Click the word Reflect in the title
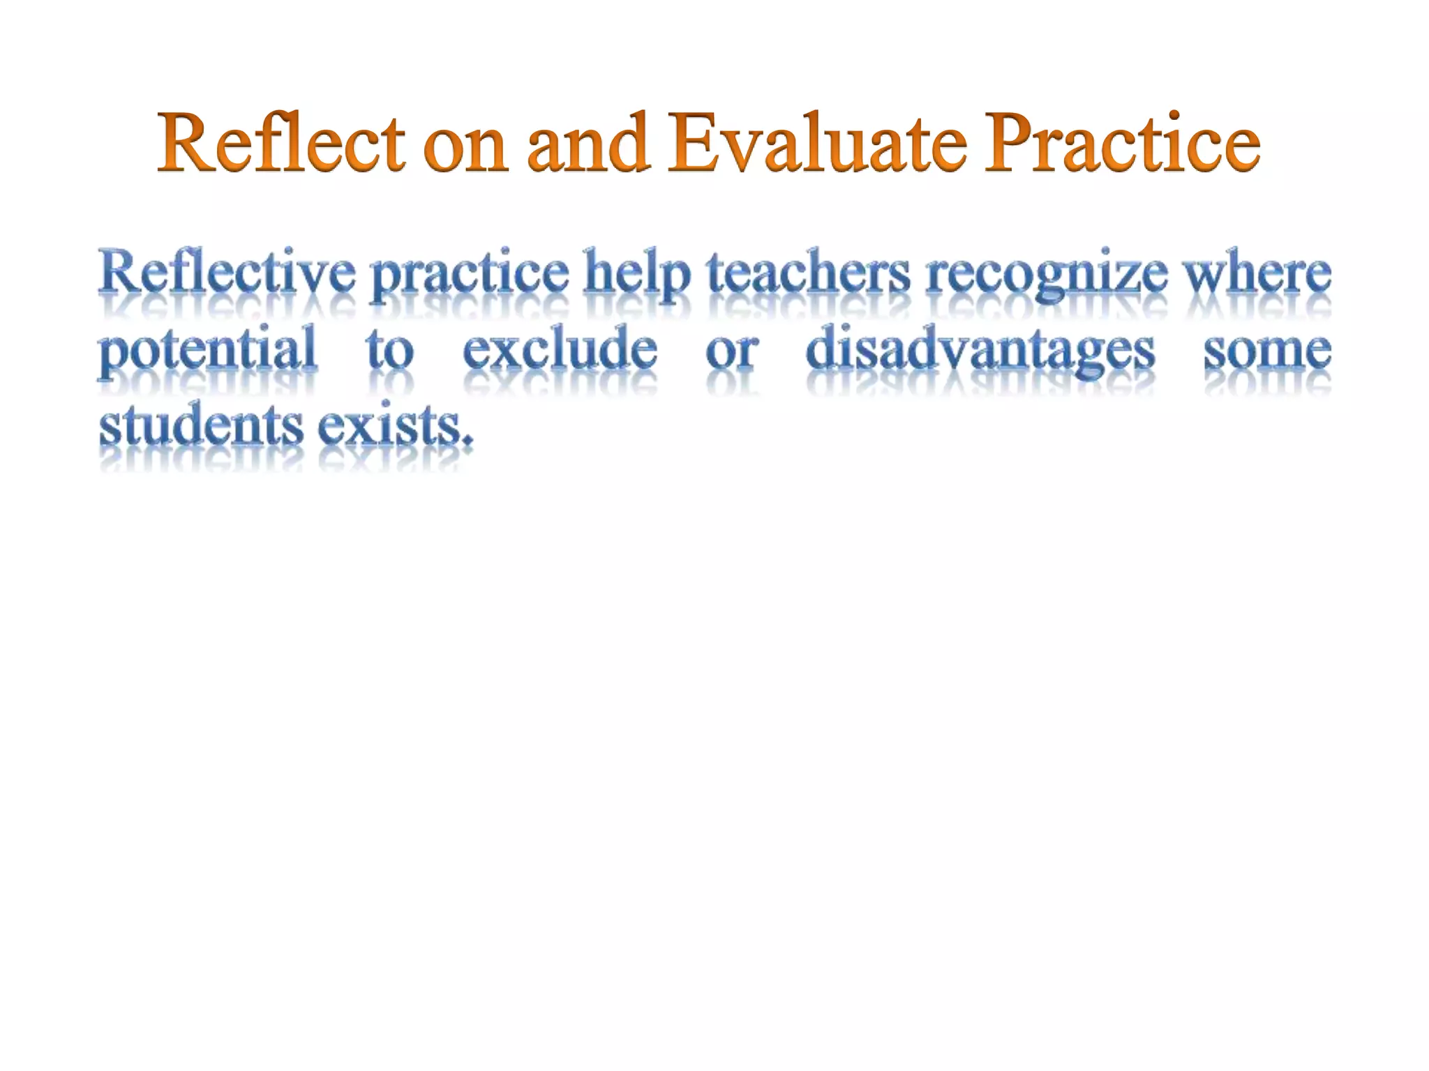point(282,144)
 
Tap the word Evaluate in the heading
point(817,144)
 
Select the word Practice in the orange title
point(1122,144)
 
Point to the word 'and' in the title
point(588,144)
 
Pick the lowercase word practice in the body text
point(470,276)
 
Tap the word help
point(637,275)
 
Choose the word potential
point(207,350)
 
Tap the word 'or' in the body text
point(732,351)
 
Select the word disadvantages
point(980,350)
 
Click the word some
point(1267,351)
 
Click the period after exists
point(467,441)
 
